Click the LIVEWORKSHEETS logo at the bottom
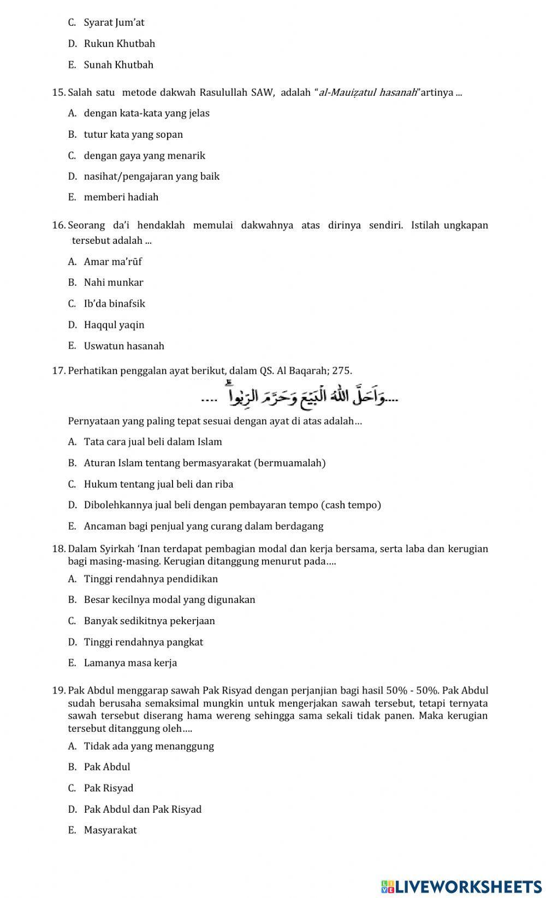461,886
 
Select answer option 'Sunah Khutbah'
118,64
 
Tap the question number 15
58,92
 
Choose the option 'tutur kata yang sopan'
133,134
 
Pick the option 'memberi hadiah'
121,197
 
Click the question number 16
58,225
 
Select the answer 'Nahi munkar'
114,283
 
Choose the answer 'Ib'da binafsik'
114,304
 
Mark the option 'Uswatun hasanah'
124,346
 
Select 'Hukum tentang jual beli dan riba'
158,484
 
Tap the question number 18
58,549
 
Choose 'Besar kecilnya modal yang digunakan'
169,600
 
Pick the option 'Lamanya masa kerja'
130,663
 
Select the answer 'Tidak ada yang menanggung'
149,746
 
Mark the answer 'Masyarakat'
110,830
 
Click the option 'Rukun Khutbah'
119,44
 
